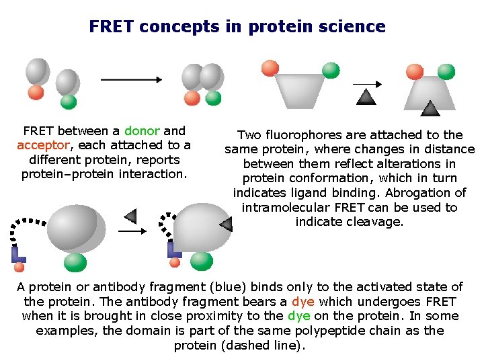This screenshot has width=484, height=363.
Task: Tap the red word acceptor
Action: pyautogui.click(x=43, y=145)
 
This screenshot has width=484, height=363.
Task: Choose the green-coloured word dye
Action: pyautogui.click(x=298, y=316)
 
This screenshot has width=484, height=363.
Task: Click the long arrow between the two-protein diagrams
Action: pyautogui.click(x=131, y=79)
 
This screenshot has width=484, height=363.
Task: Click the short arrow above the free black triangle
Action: pyautogui.click(x=367, y=84)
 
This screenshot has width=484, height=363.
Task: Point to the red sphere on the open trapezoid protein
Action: pyautogui.click(x=270, y=68)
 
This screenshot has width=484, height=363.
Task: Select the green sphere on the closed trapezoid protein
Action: pyautogui.click(x=446, y=72)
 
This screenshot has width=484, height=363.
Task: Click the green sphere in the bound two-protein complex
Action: pyautogui.click(x=213, y=98)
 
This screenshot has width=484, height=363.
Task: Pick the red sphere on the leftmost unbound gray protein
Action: pyautogui.click(x=36, y=92)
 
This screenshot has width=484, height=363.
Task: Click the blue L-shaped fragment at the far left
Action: pyautogui.click(x=18, y=254)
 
